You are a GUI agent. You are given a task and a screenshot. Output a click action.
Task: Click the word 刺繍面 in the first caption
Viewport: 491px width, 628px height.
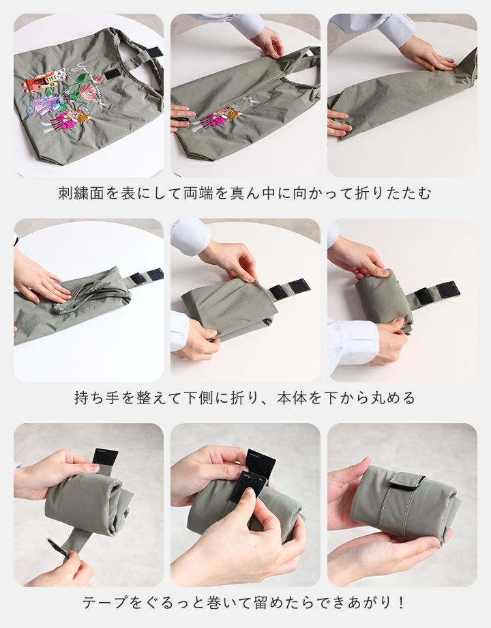click(82, 193)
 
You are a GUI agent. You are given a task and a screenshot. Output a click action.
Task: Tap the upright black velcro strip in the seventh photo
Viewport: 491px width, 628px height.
click(105, 461)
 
